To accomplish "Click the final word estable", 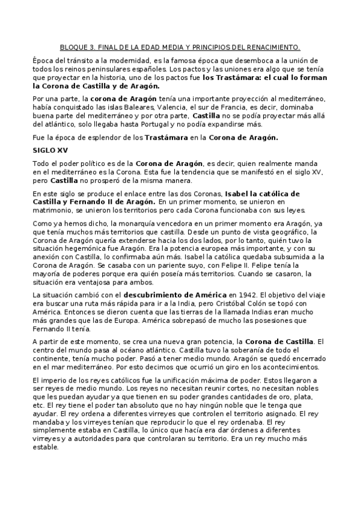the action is coord(46,447).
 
